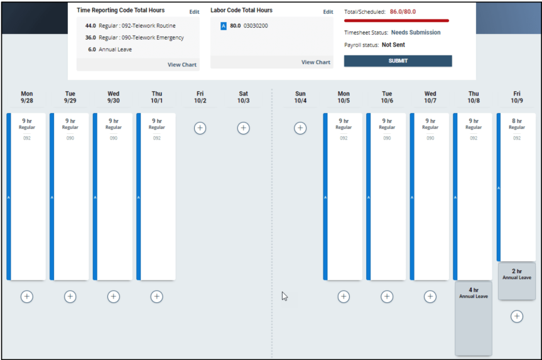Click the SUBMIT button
coord(398,61)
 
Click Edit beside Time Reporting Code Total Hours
coord(194,12)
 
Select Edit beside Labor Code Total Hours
coord(328,12)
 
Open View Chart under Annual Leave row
coord(182,65)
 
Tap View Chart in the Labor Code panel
coord(315,62)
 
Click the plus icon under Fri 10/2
coord(200,128)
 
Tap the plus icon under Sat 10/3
coord(243,128)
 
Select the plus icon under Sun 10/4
coord(300,128)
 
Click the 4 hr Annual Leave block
coord(474,318)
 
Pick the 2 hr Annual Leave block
coord(517,281)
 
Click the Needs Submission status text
coord(416,33)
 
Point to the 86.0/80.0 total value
coord(403,12)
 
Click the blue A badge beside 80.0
coord(224,26)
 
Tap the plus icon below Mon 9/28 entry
coord(27,297)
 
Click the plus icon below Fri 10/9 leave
coord(517,317)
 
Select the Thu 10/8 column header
coord(474,97)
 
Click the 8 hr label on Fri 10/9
coord(517,121)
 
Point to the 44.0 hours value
coord(90,26)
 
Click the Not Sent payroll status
coord(393,45)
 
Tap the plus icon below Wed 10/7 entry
coord(430,297)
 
